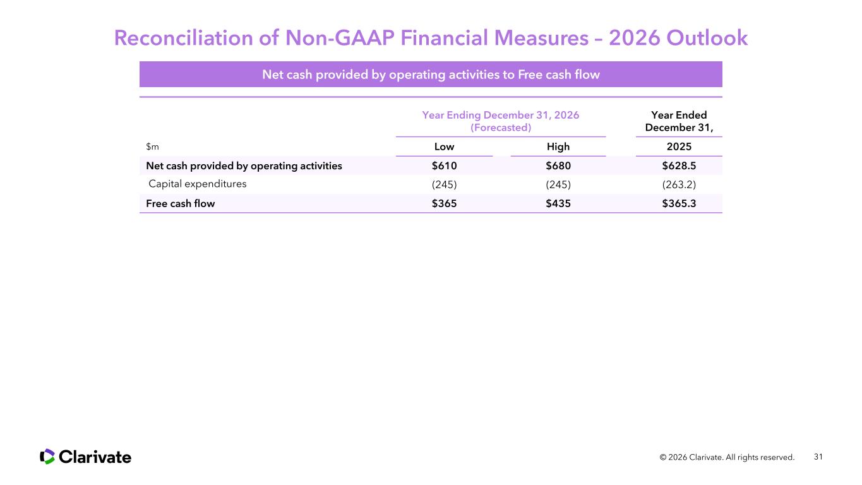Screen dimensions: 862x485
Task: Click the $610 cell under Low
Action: click(444, 166)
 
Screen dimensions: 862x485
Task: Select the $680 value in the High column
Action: click(558, 166)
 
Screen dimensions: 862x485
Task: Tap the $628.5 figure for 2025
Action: click(679, 166)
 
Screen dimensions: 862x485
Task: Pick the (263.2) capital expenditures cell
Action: click(679, 185)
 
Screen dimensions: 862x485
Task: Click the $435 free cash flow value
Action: click(558, 203)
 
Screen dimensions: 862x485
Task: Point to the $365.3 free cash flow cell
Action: click(679, 203)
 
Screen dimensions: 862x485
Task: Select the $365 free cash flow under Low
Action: click(444, 203)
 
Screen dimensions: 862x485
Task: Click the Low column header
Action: click(444, 147)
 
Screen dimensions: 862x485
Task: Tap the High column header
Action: click(558, 147)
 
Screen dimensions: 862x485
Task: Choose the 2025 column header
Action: click(679, 147)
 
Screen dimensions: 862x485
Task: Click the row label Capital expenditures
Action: click(198, 184)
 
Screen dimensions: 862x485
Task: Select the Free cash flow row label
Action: click(180, 203)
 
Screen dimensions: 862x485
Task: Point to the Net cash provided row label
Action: click(244, 166)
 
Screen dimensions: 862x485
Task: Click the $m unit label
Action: click(152, 147)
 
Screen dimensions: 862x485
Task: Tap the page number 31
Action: click(818, 457)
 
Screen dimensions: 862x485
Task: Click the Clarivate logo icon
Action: click(47, 457)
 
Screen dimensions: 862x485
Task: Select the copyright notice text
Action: click(727, 457)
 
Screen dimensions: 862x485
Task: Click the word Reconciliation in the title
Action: click(183, 38)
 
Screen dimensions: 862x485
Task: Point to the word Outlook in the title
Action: click(707, 38)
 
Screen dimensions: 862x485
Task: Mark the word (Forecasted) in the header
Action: click(501, 128)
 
